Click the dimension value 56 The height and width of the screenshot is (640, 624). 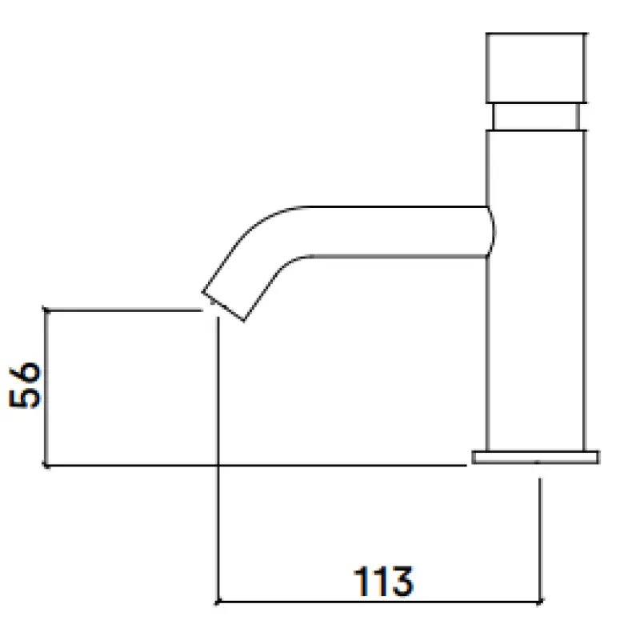[x=26, y=385]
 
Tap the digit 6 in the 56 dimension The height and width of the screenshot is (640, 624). [x=26, y=373]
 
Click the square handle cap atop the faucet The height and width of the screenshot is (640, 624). [x=537, y=67]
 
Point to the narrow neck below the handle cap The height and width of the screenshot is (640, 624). [x=537, y=117]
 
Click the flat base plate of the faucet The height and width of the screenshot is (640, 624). [x=535, y=457]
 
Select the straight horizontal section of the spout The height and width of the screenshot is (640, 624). [x=392, y=232]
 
